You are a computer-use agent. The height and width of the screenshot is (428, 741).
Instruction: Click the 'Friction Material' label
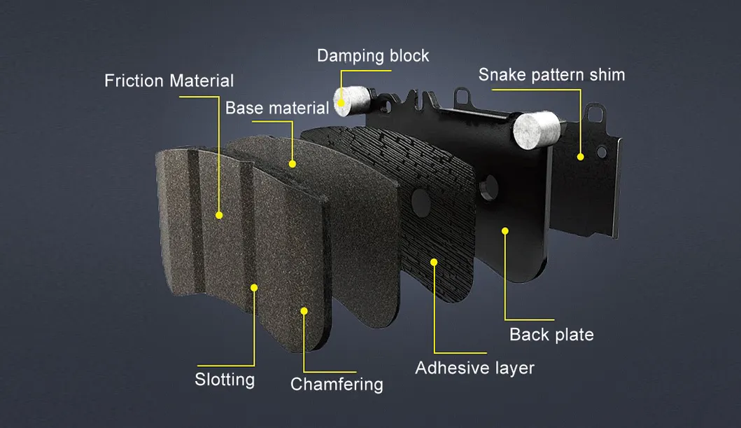tap(169, 81)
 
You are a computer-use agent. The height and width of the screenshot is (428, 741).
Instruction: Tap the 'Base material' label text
tap(277, 108)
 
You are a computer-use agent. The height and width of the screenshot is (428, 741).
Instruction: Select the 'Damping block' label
tap(373, 56)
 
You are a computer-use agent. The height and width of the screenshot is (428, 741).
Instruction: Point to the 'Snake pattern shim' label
tap(551, 75)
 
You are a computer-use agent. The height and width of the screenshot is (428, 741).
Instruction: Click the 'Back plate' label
tap(551, 335)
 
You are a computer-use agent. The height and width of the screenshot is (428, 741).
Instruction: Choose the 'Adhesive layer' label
tap(474, 368)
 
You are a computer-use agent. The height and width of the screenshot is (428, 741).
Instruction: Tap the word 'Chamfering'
tap(337, 385)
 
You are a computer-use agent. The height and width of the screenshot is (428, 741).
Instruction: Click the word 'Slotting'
tap(225, 380)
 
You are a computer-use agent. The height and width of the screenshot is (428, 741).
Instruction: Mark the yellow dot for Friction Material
tap(219, 215)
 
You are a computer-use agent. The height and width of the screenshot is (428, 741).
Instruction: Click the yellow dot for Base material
tap(292, 164)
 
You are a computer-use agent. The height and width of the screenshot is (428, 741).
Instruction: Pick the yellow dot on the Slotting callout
tap(254, 287)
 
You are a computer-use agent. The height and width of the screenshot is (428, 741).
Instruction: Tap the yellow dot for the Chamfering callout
tap(304, 311)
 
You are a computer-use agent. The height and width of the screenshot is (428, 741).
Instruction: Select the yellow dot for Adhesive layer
tap(434, 262)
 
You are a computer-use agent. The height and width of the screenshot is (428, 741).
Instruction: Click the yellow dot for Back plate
tap(505, 231)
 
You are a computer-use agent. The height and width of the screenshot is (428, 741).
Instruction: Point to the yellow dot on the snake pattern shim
tap(580, 157)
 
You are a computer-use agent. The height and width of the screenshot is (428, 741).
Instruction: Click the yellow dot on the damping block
tap(341, 104)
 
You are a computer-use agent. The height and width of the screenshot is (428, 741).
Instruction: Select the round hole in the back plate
tap(488, 188)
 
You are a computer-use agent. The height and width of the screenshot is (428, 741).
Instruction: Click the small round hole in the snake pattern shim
tap(601, 152)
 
